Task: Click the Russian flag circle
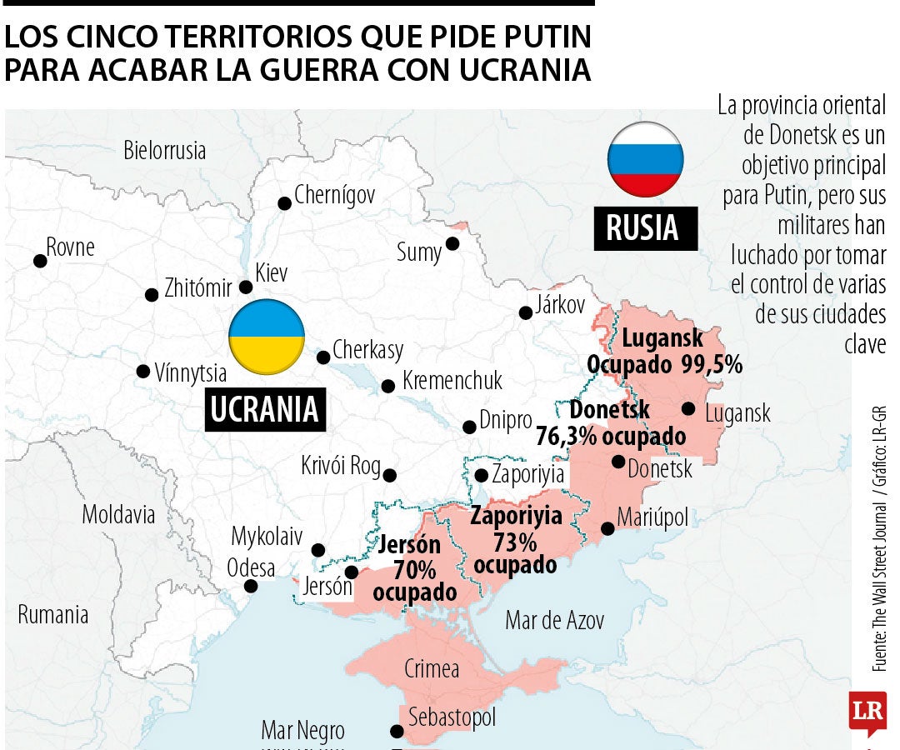point(645,159)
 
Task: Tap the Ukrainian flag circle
point(267,337)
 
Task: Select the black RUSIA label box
point(645,227)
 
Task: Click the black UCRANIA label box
point(264,408)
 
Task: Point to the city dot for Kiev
point(246,287)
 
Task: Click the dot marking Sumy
point(452,243)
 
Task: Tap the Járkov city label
point(561,305)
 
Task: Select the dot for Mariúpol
point(608,528)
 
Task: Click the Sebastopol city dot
point(397,732)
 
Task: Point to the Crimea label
point(431,668)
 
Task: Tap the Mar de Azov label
point(554,620)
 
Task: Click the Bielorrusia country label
point(164,151)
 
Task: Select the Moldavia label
point(118,514)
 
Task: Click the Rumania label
point(53,616)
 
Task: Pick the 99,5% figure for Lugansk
point(711,364)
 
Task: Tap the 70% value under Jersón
point(415,570)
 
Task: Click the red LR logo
point(867,713)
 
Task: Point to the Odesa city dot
point(250,587)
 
